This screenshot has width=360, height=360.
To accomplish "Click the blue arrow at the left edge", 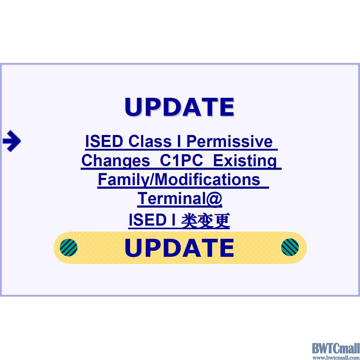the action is coord(12,141).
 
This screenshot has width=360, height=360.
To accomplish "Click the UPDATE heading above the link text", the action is coord(179,107).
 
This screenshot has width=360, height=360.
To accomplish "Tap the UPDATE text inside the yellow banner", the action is coord(179,248).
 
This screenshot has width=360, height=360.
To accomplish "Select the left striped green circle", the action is coord(69,247).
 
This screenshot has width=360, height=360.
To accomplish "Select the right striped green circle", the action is coord(290,247).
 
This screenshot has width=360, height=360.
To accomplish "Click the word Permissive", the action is coord(229,141).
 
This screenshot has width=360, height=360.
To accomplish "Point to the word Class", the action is coord(150,141).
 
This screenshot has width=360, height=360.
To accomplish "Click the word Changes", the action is coord(116,161).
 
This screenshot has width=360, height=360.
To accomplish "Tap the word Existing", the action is coord(245,161).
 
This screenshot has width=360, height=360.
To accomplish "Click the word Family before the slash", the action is coord(122,179).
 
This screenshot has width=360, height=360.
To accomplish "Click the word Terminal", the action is coord(171,198).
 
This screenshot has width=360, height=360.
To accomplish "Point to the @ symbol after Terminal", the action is coord(213,199).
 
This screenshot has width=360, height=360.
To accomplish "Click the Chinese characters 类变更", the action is coord(205,220).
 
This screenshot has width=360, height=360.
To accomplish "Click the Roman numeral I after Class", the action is coord(179,141).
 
